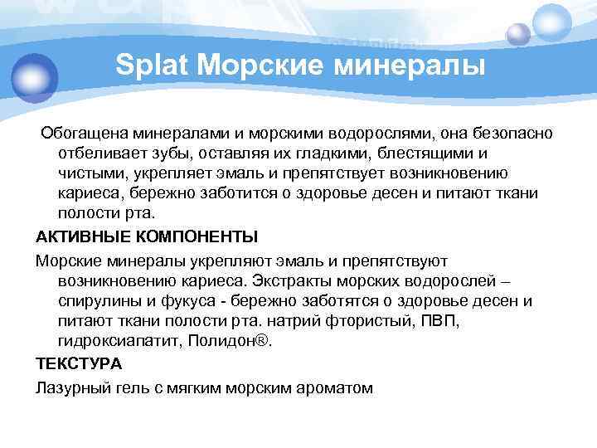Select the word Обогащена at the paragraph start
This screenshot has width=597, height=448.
click(84, 134)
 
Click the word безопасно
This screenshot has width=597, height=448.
click(517, 134)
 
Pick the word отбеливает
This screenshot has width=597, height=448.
click(99, 153)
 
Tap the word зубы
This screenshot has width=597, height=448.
click(169, 153)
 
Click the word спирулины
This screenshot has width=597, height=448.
click(98, 300)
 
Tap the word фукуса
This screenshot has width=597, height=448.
click(186, 300)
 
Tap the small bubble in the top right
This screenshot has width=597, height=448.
click(519, 33)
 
